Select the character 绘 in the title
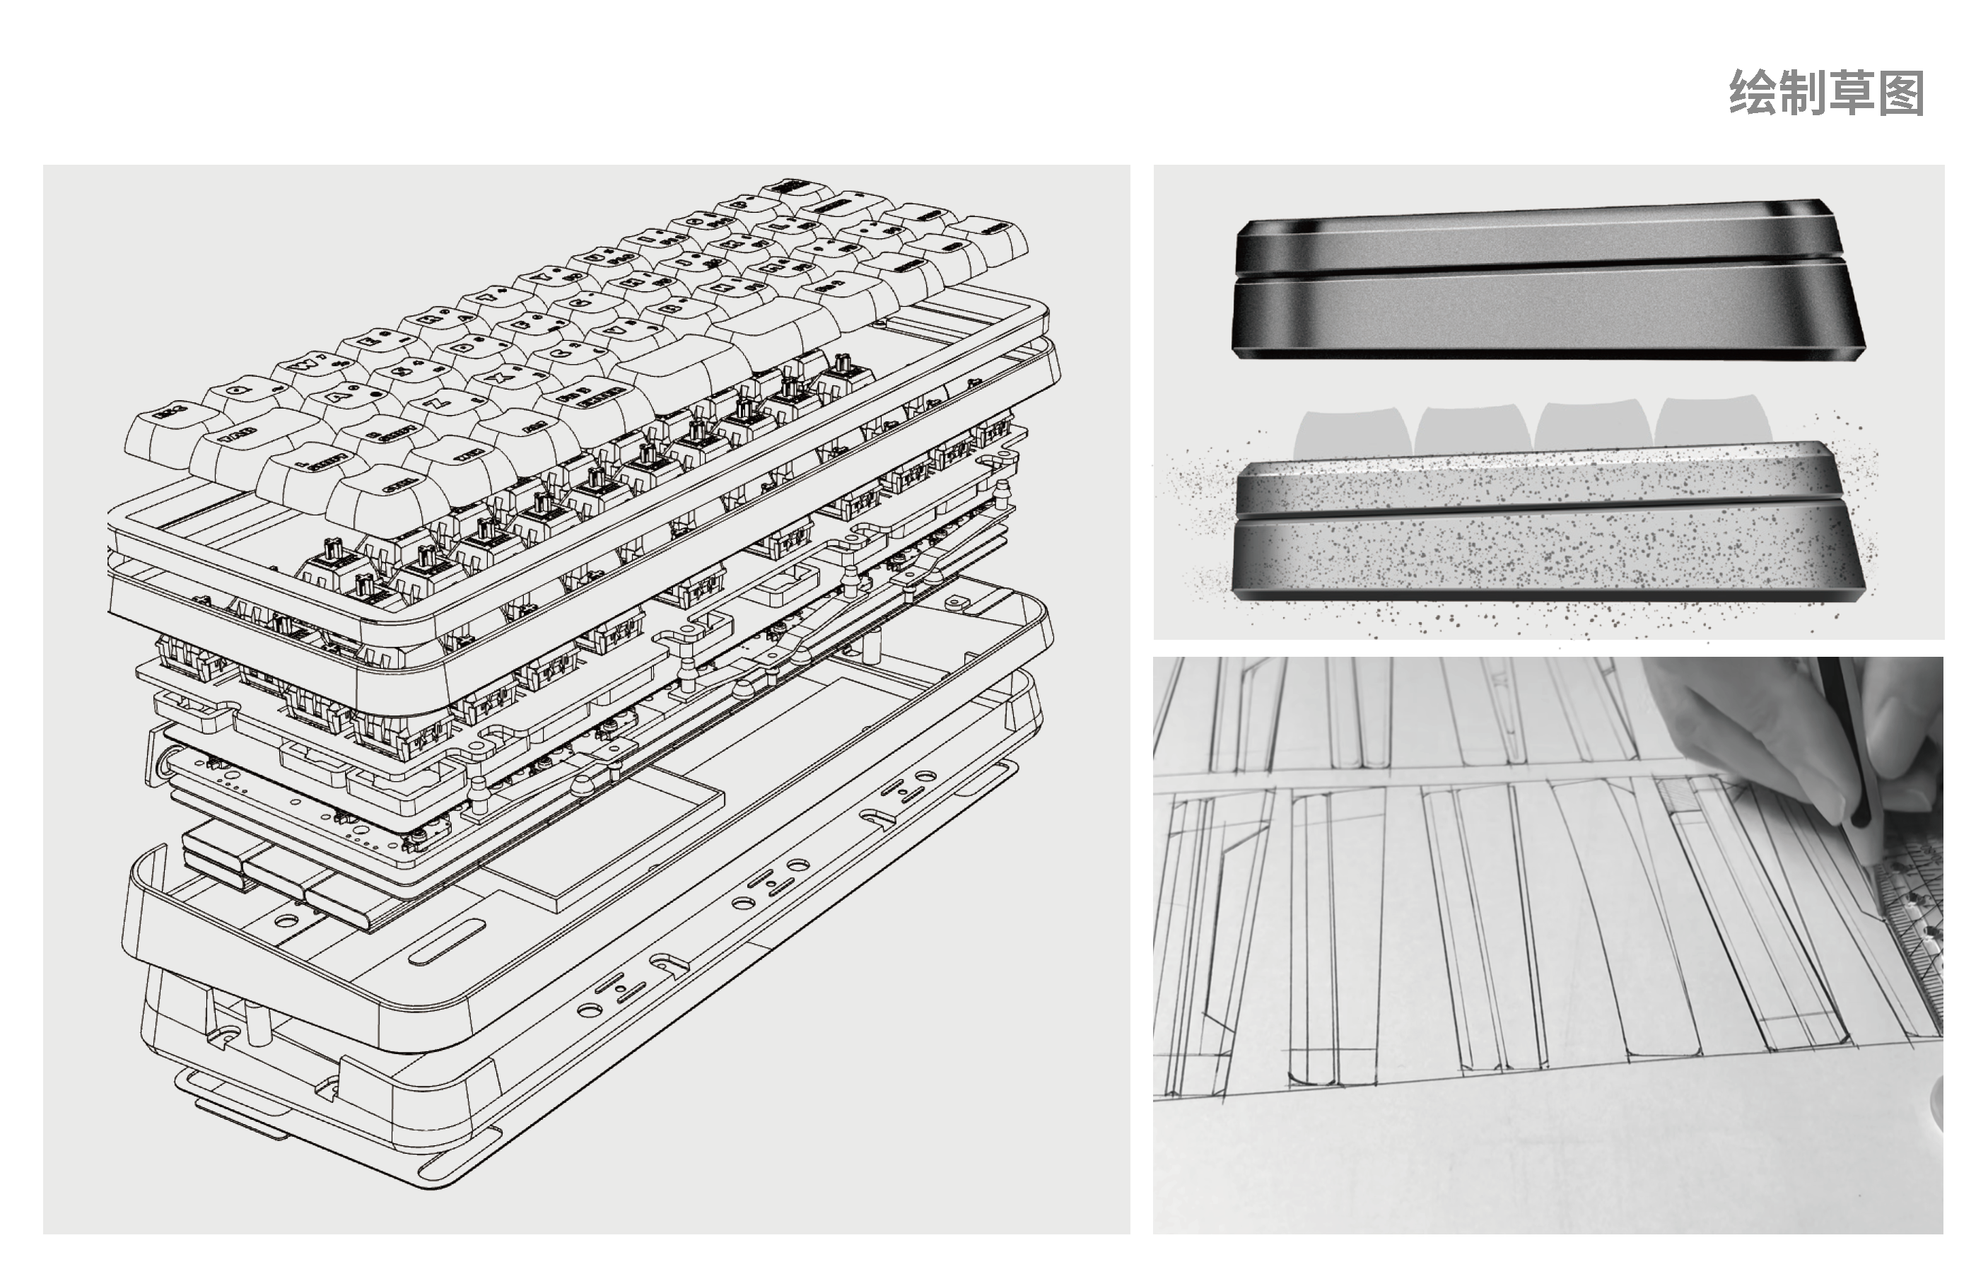[1752, 93]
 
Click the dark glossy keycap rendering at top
[1545, 284]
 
